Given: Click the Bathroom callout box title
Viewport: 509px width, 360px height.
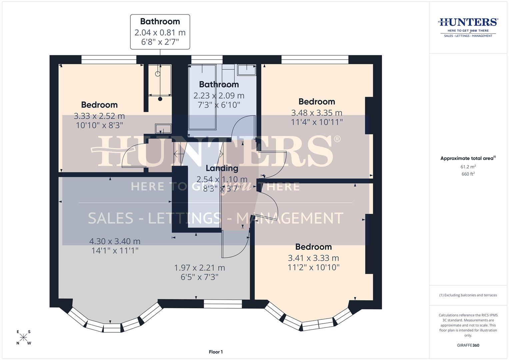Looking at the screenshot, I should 160,22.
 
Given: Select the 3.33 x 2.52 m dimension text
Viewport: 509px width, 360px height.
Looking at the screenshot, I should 99,116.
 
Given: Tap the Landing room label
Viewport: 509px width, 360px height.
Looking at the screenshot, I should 222,168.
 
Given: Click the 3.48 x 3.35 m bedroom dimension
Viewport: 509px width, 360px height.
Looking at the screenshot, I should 317,113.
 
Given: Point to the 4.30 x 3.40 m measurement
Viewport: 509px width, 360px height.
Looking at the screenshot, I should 115,241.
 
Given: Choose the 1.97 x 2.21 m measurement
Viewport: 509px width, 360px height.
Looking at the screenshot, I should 199,268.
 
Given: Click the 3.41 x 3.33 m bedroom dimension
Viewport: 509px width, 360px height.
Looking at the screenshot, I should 313,258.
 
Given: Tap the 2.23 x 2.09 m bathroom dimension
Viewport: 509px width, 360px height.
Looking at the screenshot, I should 219,96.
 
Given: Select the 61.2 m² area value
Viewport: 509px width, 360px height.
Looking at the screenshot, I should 468,167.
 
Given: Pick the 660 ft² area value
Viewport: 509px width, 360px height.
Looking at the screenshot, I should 468,174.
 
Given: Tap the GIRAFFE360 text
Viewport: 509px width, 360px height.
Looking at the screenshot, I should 468,345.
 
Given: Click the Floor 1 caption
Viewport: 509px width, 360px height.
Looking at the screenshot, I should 216,352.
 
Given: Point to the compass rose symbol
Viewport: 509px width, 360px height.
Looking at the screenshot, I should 24,338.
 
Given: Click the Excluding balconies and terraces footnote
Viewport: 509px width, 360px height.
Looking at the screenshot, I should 468,295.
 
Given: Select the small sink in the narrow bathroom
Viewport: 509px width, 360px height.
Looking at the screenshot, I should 163,128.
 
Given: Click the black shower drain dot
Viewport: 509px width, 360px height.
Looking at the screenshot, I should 160,99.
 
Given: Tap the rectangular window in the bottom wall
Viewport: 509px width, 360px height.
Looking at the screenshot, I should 223,304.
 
